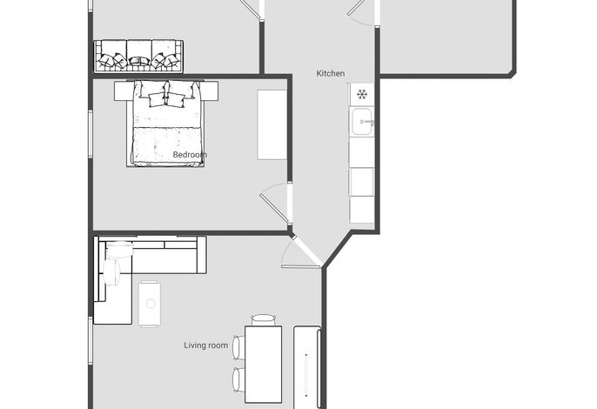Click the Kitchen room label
331,73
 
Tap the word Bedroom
190,155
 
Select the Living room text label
206,345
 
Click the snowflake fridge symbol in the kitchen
362,94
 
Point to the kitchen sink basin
362,122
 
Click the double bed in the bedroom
166,124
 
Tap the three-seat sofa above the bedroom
138,56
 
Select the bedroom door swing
276,203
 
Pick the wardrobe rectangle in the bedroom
272,124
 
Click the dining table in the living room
263,364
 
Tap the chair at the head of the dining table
263,320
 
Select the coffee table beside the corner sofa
150,304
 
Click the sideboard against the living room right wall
307,367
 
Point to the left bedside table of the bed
124,91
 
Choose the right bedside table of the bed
209,91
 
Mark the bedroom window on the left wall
91,134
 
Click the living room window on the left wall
91,341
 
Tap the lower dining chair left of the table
238,379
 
